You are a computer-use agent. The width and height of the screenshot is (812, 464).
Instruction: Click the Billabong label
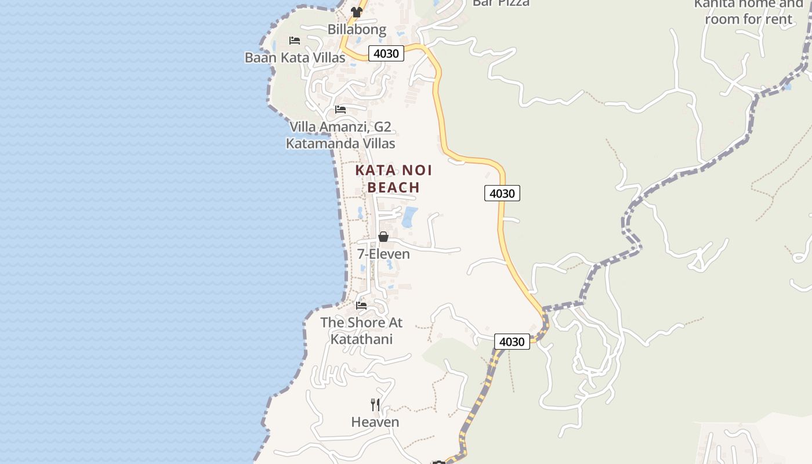(357, 29)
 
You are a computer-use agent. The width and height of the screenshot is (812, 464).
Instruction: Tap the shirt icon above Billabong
(356, 12)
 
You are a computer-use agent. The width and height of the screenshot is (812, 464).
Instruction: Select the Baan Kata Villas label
(295, 57)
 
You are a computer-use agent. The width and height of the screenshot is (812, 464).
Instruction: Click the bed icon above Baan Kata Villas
(295, 40)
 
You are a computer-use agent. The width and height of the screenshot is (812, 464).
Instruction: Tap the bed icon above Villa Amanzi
(340, 109)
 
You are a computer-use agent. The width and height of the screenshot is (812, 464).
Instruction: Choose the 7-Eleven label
(383, 254)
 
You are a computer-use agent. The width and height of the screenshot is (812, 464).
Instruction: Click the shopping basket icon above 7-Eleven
(383, 237)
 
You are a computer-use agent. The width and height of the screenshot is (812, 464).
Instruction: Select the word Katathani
(361, 339)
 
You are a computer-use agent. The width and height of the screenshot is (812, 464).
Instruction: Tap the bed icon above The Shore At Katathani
(361, 305)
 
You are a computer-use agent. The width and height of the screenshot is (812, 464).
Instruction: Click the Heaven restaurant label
(375, 422)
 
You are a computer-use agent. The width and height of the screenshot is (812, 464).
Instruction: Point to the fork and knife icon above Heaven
(375, 404)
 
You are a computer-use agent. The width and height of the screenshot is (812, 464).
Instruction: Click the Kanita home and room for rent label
(748, 12)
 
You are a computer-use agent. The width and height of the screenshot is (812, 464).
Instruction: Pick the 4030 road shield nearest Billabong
(386, 53)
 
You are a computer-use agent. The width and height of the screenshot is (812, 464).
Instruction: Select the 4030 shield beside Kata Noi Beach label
(502, 193)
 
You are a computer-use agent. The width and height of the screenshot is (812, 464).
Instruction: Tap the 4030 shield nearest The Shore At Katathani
(512, 342)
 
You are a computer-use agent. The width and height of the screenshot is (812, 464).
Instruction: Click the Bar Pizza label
(501, 3)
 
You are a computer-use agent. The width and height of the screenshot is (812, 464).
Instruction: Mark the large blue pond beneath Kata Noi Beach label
(409, 217)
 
